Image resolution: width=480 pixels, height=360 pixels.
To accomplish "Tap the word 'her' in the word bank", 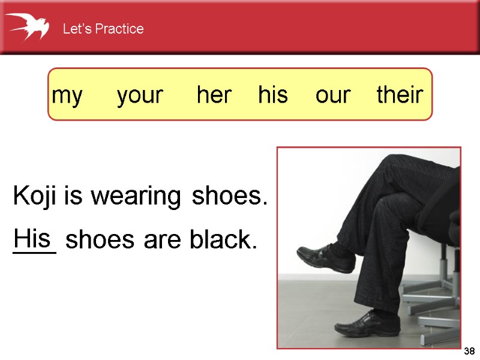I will point(214,95).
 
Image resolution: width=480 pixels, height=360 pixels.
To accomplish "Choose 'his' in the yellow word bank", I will point(273,95).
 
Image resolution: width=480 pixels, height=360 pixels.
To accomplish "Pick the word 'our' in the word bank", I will point(332,95).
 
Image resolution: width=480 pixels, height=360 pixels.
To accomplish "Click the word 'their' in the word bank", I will point(400,95).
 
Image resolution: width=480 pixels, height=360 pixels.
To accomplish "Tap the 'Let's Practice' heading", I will point(103,29).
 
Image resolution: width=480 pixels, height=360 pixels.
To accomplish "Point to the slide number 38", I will point(470,351).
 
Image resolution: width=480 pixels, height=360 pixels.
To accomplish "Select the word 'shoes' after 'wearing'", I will point(229,197).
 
